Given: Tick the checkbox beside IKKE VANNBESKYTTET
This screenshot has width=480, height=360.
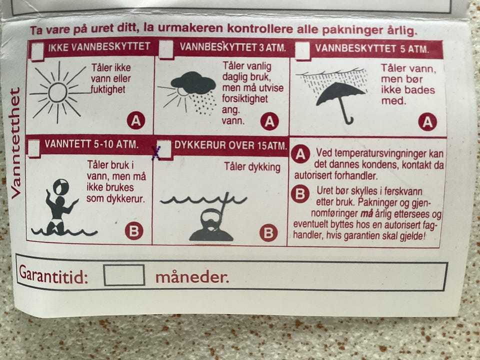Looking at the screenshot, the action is coord(37,51).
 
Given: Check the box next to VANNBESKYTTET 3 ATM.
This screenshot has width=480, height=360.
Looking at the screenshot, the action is coord(166,49).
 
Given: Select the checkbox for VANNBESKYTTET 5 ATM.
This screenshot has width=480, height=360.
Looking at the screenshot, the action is coord(302,50).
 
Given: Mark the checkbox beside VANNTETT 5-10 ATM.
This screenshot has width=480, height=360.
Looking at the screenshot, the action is coord(34,148).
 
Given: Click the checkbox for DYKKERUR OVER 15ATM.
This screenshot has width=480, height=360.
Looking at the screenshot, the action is coord(164,149).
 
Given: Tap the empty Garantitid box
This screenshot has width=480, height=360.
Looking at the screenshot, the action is coord(124,275).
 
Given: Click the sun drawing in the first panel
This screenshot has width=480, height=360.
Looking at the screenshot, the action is coord(58,92).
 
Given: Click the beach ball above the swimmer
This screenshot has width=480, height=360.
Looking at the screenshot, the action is coord(61,186).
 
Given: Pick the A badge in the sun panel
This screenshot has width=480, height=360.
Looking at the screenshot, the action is coord(136,120).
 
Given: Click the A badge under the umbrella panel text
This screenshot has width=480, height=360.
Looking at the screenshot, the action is coord(427,122).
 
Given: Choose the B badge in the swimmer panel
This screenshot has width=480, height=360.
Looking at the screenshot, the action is coord(134,230).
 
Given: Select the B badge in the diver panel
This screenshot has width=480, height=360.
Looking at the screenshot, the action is coord(268,232).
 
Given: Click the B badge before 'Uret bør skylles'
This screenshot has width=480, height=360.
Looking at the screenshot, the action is coord(300,194).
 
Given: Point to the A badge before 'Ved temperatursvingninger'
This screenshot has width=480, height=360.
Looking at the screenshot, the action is coord(300,154).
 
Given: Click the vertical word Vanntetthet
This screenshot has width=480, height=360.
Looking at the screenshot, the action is coord(15,143).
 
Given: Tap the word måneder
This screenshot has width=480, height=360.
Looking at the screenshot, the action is coord(192,277).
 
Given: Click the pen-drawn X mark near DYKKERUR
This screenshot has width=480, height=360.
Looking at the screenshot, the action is coord(156,153).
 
